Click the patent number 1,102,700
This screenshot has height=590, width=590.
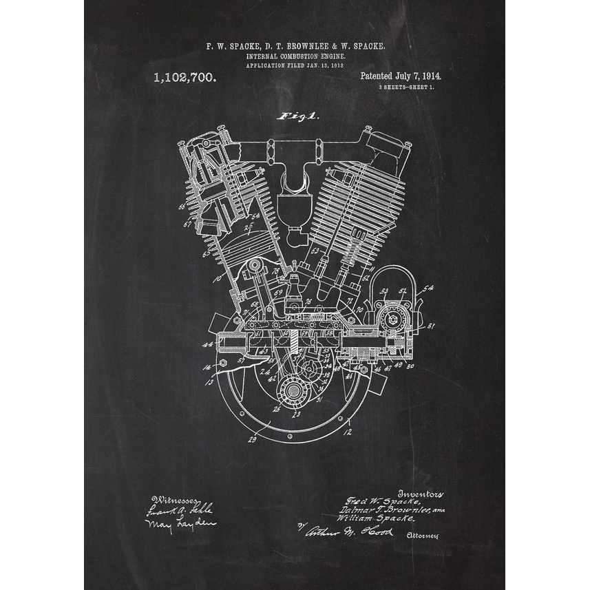pyautogui.click(x=185, y=78)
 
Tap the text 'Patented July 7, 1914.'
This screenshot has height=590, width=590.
pyautogui.click(x=401, y=76)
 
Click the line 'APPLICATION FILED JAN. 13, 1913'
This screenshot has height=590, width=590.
pyautogui.click(x=295, y=65)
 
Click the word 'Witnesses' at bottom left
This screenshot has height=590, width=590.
pyautogui.click(x=176, y=500)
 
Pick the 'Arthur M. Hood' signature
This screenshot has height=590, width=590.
pyautogui.click(x=349, y=531)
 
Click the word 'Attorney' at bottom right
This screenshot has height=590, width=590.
pyautogui.click(x=422, y=536)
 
